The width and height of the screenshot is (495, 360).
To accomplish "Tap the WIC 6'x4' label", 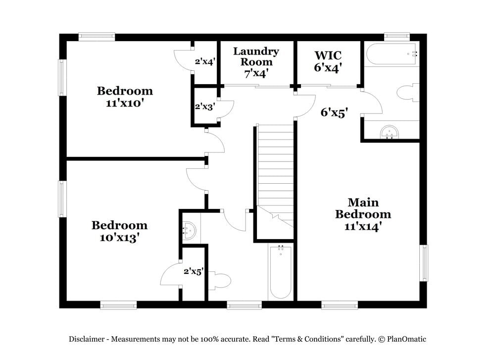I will [328, 62].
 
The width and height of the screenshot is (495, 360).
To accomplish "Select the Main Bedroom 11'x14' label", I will [363, 214].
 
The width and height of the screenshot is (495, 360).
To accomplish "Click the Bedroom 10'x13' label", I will [119, 231].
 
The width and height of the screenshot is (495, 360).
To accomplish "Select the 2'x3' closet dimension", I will [204, 106].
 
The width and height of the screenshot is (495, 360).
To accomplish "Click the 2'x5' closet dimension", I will [193, 271].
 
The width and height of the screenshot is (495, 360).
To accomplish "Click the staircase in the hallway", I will [275, 173].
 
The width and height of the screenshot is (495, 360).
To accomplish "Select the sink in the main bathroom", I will [390, 132].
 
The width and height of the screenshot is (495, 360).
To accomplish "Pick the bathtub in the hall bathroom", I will [281, 272].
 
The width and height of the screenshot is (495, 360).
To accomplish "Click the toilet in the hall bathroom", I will [220, 281].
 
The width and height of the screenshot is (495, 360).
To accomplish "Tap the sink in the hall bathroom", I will [189, 230].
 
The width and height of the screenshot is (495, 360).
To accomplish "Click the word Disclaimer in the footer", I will [86, 339].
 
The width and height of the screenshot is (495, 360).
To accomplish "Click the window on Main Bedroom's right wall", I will [424, 263].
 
